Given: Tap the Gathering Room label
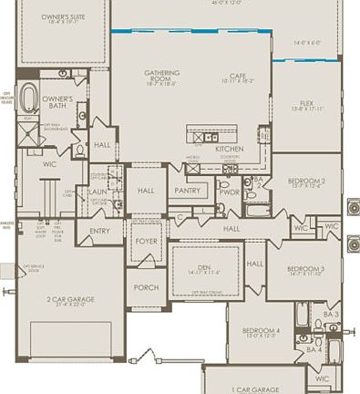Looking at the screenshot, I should pos(161,76).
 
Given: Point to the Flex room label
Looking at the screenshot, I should pos(306,104).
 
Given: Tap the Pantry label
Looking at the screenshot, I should pos(187,191).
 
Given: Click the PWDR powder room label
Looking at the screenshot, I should pos(229,192).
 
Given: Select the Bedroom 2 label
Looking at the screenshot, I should pos(306,182).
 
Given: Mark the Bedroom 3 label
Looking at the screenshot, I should pos(306,269).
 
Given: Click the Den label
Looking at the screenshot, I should pos(198,267).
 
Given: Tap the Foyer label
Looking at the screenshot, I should pos(147,242).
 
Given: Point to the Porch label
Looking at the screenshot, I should pos(146,286).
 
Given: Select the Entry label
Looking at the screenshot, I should pos(99,231).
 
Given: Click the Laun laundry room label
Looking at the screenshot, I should pos(98,192).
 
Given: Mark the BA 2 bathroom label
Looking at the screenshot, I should pos(258,182).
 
